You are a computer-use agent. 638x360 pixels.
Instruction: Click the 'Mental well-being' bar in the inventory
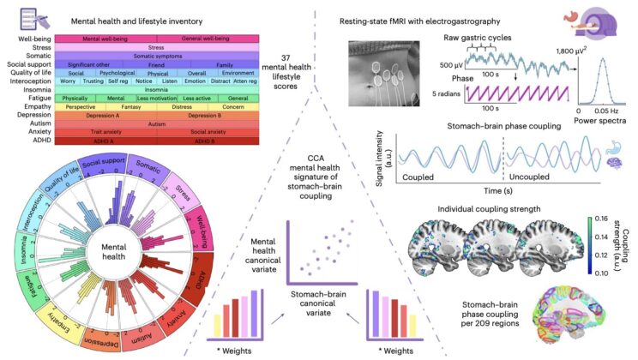110,39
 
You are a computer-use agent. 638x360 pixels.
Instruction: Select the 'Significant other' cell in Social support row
93,63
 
